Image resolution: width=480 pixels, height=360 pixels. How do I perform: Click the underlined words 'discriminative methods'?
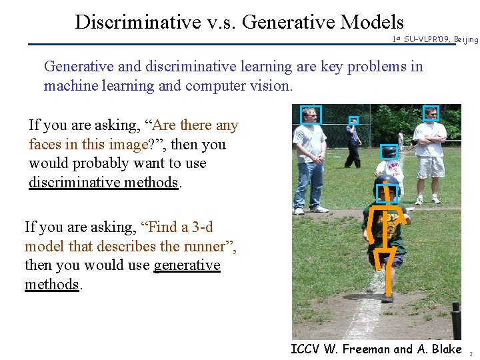point(103,183)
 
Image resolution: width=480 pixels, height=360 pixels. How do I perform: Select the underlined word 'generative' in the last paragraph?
point(187,265)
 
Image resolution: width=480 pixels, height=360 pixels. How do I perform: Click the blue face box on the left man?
point(311,115)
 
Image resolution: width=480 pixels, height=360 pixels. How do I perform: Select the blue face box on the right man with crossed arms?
point(431,113)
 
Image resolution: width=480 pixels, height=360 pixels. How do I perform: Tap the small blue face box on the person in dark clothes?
point(353,121)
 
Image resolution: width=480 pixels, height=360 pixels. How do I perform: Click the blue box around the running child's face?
point(387,193)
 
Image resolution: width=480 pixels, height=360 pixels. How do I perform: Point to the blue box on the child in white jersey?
point(389,151)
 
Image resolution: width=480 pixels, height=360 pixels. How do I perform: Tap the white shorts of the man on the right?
point(431,167)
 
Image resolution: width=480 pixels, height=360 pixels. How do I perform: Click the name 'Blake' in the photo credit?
point(446,349)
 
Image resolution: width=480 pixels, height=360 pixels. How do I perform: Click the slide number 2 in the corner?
point(471,354)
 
